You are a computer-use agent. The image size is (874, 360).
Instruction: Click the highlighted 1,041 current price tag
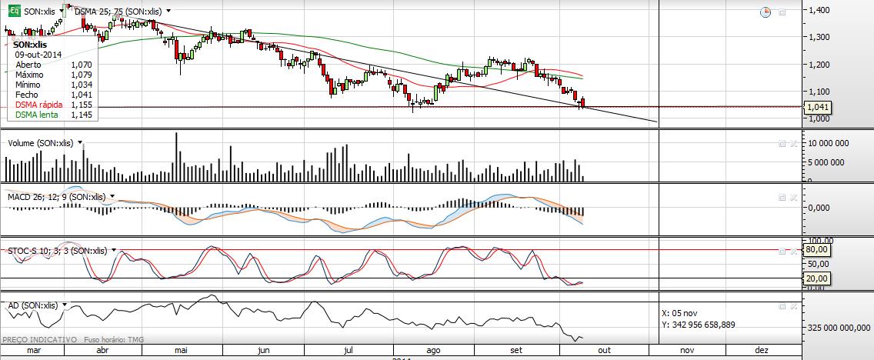819,108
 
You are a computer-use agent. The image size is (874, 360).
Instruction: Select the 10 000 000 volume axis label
826,143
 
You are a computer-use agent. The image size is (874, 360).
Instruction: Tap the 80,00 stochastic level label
817,249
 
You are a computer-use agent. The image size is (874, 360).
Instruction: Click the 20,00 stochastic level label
817,278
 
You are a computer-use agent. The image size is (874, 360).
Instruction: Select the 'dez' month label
762,350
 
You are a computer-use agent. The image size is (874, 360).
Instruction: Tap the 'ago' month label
433,350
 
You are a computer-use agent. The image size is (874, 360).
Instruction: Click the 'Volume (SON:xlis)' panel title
40,142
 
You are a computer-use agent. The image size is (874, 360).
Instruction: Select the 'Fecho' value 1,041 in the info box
81,95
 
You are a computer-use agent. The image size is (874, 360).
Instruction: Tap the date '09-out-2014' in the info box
38,55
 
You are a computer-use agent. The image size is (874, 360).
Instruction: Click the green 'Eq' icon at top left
12,12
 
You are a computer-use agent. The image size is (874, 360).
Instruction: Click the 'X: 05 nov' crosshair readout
679,313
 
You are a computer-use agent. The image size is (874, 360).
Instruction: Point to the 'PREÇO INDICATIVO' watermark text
40,339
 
